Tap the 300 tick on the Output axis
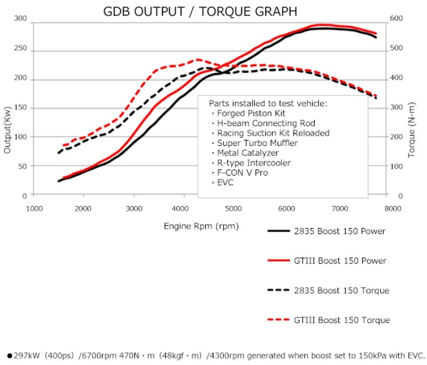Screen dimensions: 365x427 21,19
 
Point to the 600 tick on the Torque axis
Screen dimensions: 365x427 396,19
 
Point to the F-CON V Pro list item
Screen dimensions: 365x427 243,172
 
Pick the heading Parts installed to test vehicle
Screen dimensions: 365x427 267,103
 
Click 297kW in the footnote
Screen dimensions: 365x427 24,355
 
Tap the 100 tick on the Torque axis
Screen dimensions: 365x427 396,167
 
